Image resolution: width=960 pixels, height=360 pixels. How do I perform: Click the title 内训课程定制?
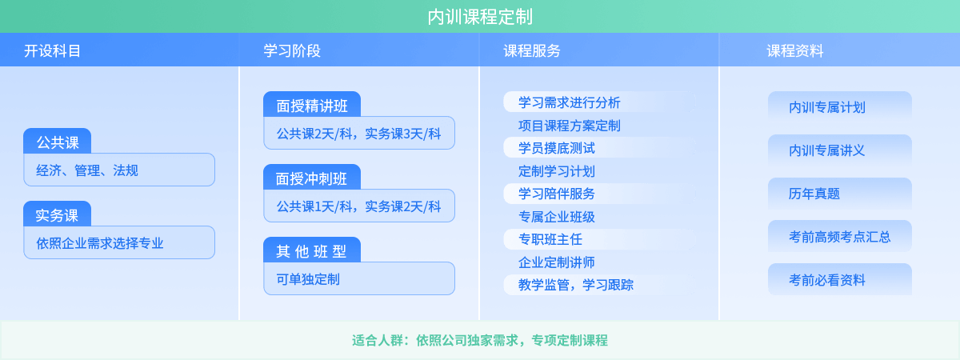coord(480,17)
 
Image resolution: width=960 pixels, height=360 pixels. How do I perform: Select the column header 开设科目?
coord(53,51)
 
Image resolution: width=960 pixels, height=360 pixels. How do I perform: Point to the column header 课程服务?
coord(532,51)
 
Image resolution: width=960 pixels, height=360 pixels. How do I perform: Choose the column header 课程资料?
coord(795,51)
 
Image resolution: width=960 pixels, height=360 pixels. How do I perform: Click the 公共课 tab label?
coord(57,143)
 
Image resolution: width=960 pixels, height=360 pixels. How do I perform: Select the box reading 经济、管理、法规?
coord(119,170)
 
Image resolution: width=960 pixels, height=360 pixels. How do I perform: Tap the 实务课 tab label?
coord(57,215)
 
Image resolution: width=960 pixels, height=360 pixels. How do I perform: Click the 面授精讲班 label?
coord(311,105)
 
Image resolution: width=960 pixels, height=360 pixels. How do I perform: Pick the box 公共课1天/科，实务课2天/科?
coord(358,206)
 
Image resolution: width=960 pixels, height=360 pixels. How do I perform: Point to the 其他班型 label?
coord(311,250)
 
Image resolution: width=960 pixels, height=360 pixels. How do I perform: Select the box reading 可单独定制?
coord(358,278)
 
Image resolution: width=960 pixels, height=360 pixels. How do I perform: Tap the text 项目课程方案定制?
coord(569,126)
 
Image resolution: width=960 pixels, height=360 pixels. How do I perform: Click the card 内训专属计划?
coord(839,107)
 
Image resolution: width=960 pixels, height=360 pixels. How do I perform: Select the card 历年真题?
coord(839,194)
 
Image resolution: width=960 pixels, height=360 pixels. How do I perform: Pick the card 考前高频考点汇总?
coord(839,237)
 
